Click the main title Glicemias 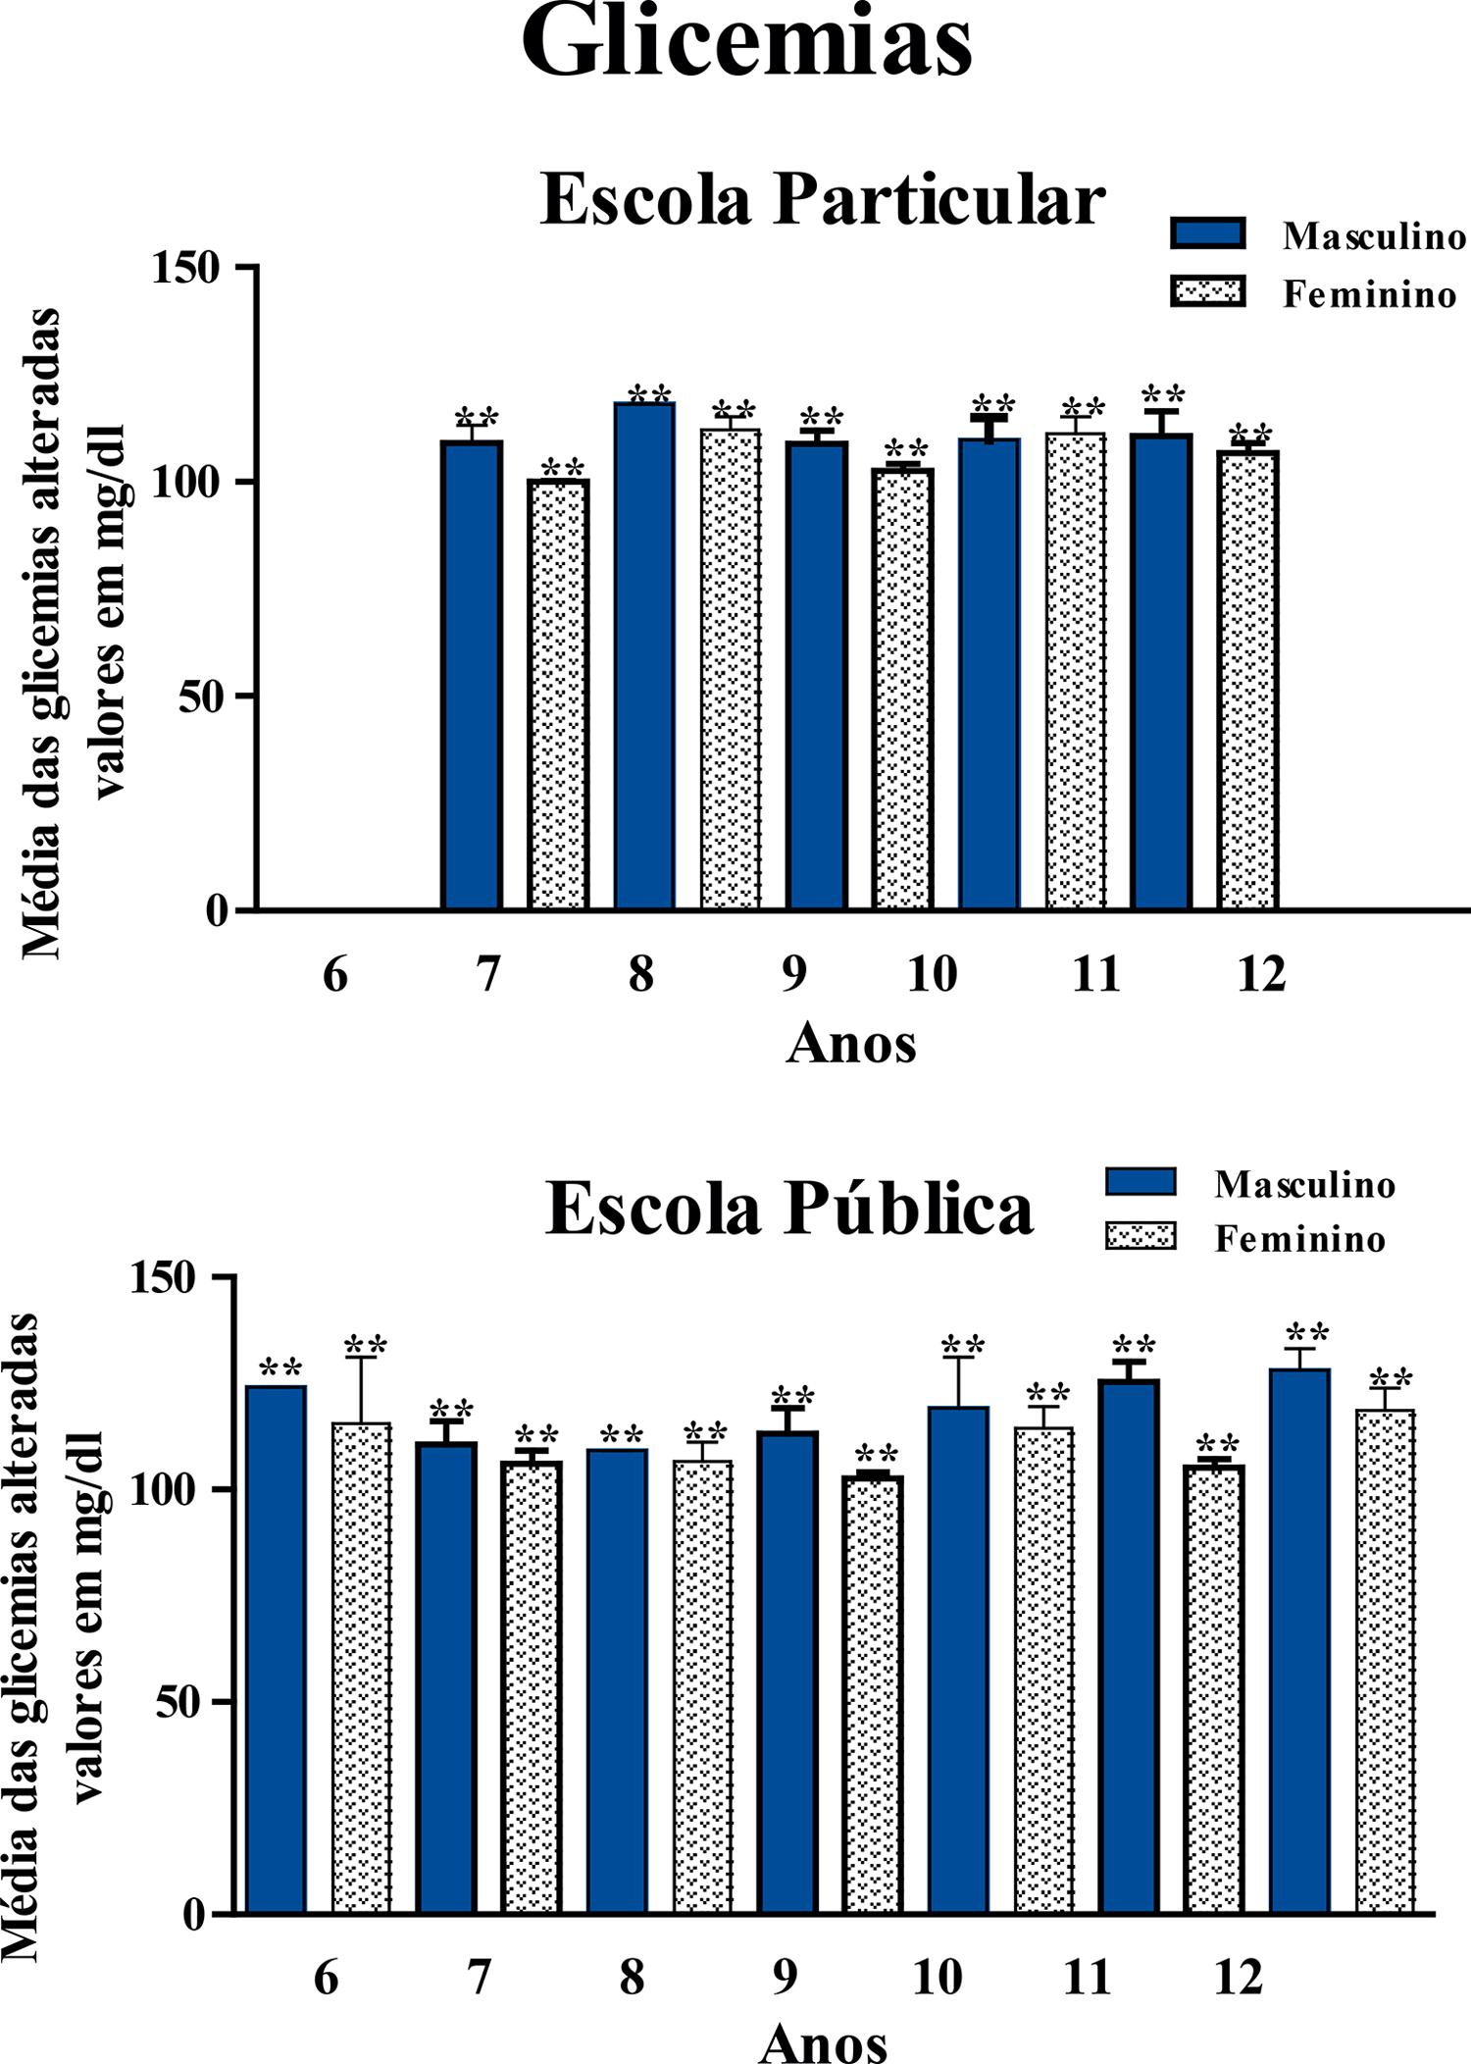pyautogui.click(x=746, y=44)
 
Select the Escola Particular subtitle pyautogui.click(x=822, y=201)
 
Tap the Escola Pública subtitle pyautogui.click(x=788, y=1209)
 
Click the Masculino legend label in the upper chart pyautogui.click(x=1374, y=236)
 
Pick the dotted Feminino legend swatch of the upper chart pyautogui.click(x=1207, y=292)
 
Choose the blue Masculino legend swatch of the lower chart pyautogui.click(x=1141, y=1182)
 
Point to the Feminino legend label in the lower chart pyautogui.click(x=1299, y=1239)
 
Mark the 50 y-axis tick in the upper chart pyautogui.click(x=203, y=697)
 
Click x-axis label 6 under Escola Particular pyautogui.click(x=335, y=975)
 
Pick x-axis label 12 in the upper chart pyautogui.click(x=1260, y=975)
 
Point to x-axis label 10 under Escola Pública pyautogui.click(x=937, y=1979)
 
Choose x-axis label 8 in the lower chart pyautogui.click(x=632, y=1979)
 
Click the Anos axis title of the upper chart pyautogui.click(x=850, y=1044)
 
